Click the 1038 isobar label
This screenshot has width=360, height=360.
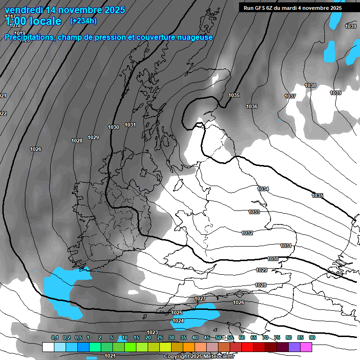pos(310,85)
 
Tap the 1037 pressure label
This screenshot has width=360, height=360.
pos(290,96)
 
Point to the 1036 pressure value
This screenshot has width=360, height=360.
pos(252,107)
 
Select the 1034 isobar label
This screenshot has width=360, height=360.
pos(263,189)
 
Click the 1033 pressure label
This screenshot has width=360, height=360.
pos(254,212)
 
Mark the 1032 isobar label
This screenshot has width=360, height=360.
pos(247,233)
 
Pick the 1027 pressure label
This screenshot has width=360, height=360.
pos(200,299)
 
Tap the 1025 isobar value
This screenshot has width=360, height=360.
pos(177,313)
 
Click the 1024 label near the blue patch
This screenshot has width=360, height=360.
pos(178,321)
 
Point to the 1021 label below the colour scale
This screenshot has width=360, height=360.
pos(110,356)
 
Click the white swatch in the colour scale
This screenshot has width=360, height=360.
pos(48,347)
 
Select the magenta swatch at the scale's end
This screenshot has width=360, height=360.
pos(306,347)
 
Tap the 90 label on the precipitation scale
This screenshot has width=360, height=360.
pos(312,337)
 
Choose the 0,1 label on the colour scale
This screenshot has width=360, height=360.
pos(55,337)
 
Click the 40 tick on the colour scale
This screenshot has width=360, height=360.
pos(195,337)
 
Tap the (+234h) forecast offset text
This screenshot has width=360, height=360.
pos(83,21)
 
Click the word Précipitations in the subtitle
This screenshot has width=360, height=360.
pos(29,37)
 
